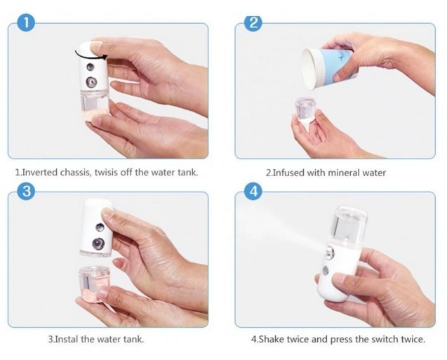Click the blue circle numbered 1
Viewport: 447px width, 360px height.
(x=26, y=22)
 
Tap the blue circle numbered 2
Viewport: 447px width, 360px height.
(x=253, y=22)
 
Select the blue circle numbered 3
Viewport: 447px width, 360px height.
(x=26, y=192)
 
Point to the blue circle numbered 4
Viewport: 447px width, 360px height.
(x=253, y=192)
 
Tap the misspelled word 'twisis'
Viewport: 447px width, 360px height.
(x=107, y=173)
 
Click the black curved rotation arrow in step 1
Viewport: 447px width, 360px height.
(x=91, y=55)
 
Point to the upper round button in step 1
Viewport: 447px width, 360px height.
(x=91, y=67)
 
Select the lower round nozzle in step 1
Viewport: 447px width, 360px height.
(x=91, y=82)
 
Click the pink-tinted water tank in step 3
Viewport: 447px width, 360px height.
(x=94, y=283)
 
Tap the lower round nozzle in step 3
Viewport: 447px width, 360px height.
(x=98, y=244)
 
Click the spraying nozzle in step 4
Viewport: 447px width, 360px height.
(x=330, y=253)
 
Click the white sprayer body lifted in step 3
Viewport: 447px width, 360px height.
(x=97, y=227)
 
